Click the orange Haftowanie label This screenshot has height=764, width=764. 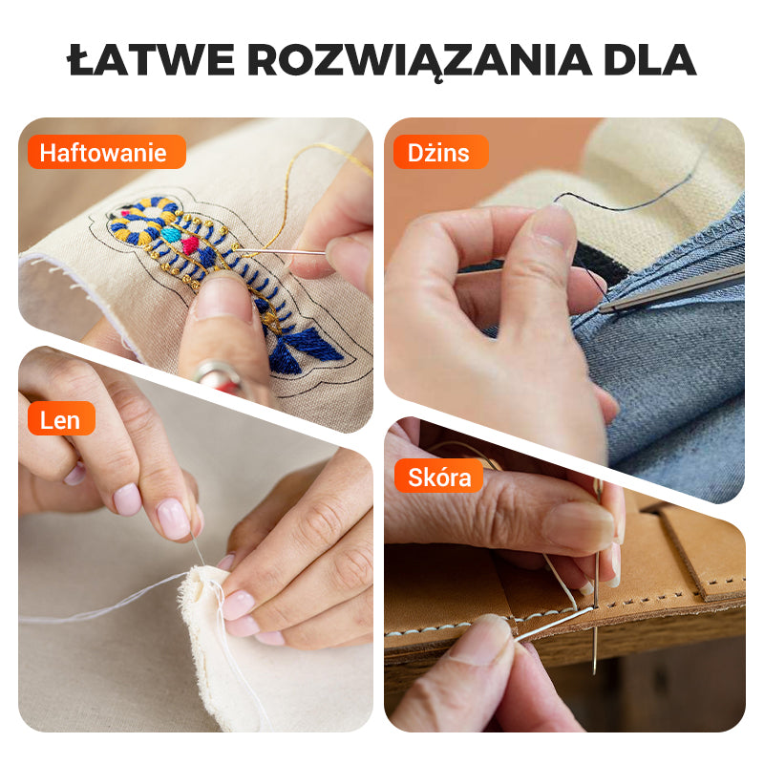(x=104, y=153)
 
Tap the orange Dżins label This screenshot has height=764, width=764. (x=439, y=153)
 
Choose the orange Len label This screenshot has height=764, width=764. (x=60, y=418)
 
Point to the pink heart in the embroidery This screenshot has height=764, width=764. (x=189, y=245)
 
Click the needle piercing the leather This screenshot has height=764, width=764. (x=596, y=611)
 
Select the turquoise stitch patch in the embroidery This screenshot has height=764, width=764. (x=171, y=234)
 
